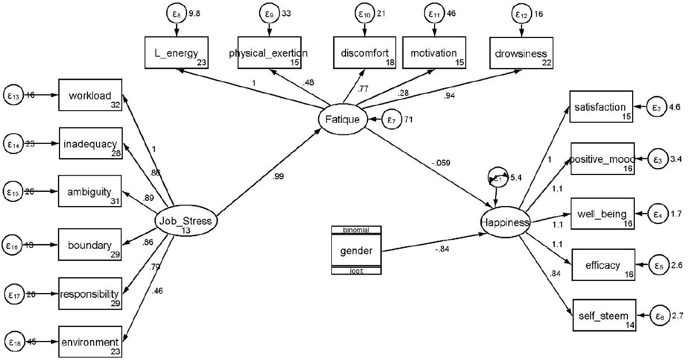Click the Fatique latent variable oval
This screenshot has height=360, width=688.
tap(342, 120)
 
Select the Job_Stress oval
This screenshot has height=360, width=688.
tap(185, 221)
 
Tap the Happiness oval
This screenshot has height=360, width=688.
tap(505, 223)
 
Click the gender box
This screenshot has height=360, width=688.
tap(356, 250)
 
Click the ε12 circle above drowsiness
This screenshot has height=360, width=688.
tap(522, 13)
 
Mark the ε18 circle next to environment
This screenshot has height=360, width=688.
tap(14, 341)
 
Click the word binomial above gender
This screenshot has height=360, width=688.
tap(356, 230)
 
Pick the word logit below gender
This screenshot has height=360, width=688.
tap(356, 271)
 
